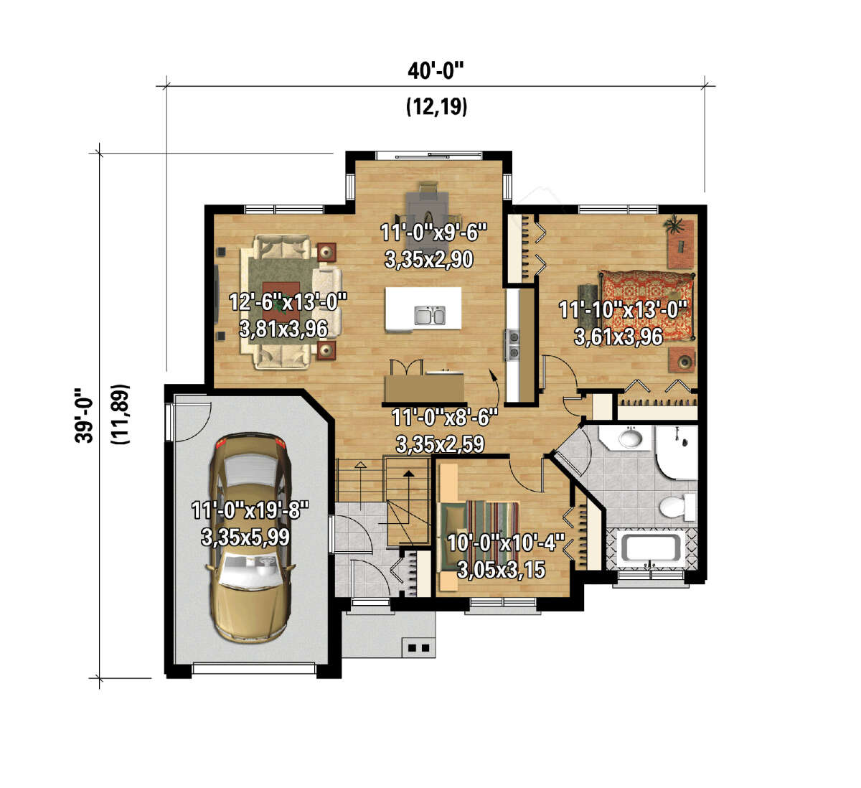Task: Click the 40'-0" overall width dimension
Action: [x=436, y=71]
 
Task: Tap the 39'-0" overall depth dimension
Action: [x=84, y=416]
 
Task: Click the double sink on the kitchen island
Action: [x=429, y=315]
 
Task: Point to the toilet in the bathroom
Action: [x=677, y=507]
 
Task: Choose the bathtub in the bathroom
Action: [x=651, y=548]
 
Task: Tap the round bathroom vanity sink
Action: [x=631, y=438]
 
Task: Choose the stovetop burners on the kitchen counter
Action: [x=513, y=344]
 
